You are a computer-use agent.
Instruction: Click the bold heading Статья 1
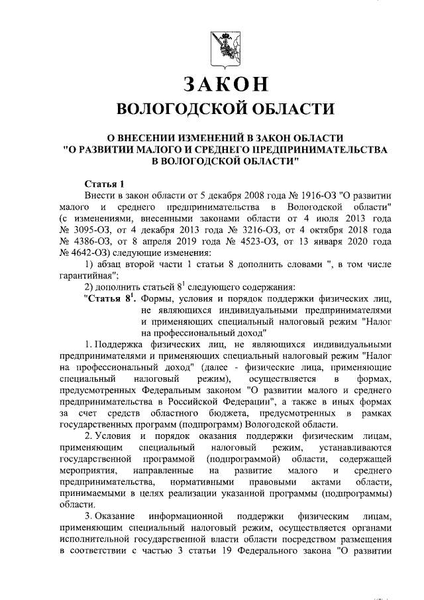click(x=105, y=183)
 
